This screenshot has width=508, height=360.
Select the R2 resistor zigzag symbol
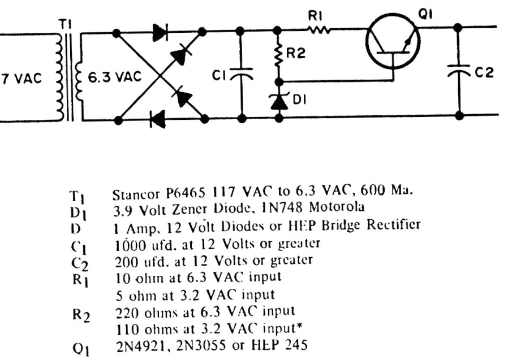point(278,54)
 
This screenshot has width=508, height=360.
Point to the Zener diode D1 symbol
point(278,101)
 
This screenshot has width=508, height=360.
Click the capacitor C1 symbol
point(242,73)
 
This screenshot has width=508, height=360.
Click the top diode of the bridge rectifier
point(160,33)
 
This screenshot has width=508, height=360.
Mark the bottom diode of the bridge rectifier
point(158,119)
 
